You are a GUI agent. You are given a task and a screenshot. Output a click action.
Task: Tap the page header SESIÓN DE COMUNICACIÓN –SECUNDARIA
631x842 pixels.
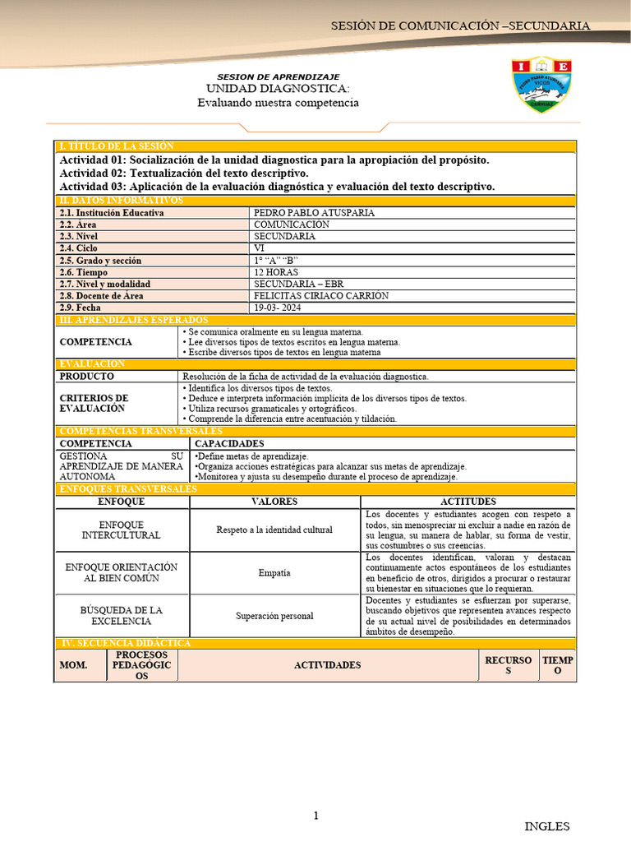pos(460,26)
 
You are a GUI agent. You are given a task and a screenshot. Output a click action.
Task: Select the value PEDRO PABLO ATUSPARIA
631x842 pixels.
pos(314,213)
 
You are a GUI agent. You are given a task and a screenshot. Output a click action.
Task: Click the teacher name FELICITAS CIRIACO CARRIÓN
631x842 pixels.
pos(321,296)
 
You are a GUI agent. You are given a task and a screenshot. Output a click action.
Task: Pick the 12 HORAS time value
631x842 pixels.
pos(276,272)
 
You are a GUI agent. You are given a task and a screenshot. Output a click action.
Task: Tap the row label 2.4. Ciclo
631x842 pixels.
pos(78,248)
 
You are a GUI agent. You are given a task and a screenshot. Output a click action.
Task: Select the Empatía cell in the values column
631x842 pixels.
pos(274,573)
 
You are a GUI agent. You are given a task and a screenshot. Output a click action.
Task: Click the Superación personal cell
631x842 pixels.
pos(274,616)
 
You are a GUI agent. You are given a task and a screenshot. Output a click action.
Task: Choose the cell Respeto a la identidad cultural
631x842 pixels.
pos(274,530)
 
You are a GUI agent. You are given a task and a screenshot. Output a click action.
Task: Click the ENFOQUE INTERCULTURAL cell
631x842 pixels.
pos(122,530)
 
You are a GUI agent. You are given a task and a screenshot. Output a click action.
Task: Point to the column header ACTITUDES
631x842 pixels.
pos(467,502)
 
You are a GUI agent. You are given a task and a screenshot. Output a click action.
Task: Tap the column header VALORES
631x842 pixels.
pos(274,502)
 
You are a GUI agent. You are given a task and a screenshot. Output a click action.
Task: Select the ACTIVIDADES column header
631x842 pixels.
pos(327,665)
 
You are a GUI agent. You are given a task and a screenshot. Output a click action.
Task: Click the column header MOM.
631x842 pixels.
pos(73,665)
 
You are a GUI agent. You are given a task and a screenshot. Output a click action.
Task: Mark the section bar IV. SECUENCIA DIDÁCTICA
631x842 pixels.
pos(123,643)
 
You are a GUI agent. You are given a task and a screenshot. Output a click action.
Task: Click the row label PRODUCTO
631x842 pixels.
pos(86,376)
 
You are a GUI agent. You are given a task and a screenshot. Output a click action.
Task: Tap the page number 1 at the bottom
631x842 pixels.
pos(315,816)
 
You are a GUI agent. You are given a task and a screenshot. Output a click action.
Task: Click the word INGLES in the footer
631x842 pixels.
pos(546,826)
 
